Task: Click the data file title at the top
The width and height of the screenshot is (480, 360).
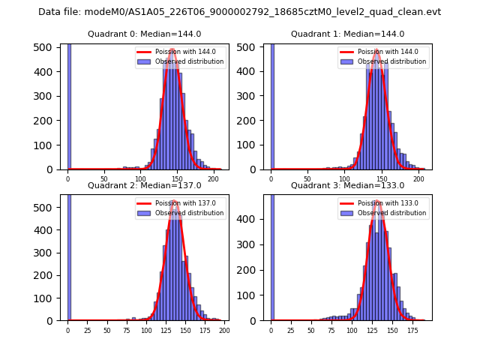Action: (x=239, y=12)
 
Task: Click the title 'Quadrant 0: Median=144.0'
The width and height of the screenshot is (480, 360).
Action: (x=144, y=34)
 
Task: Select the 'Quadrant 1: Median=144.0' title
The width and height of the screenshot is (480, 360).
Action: (x=347, y=34)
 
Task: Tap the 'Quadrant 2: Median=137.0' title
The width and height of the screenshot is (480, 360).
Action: (x=144, y=185)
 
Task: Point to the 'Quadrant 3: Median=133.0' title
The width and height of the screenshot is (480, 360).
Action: (x=347, y=185)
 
